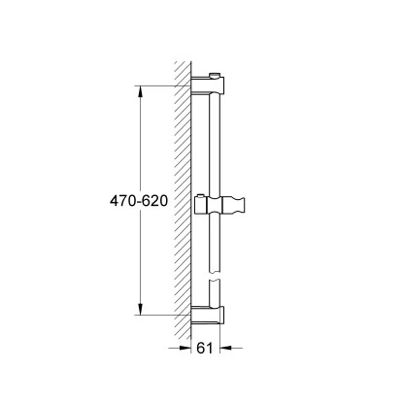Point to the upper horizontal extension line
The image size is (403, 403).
[160, 87]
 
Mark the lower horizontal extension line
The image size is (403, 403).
[160, 315]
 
